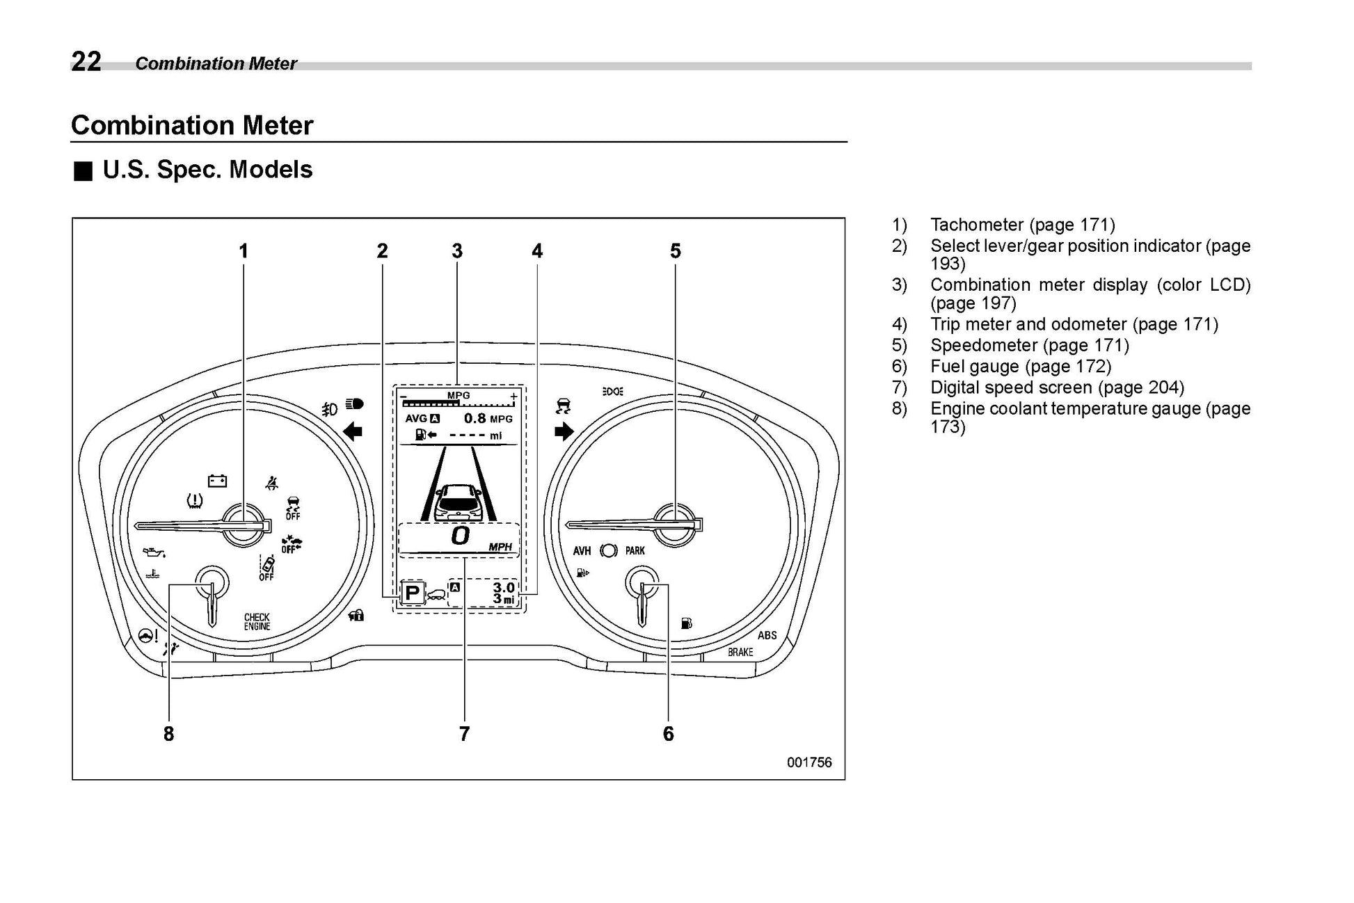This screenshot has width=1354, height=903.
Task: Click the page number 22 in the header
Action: point(86,62)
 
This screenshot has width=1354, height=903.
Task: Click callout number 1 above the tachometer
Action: point(244,251)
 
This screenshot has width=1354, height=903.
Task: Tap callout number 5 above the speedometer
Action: point(675,251)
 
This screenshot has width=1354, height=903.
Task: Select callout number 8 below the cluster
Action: point(168,733)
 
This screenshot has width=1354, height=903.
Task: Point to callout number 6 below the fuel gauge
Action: point(668,733)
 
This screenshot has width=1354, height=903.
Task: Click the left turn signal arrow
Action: point(353,432)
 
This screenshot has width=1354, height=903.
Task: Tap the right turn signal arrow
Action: point(564,432)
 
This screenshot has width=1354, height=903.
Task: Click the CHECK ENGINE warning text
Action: point(257,622)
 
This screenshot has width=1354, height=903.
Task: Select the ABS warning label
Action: point(767,635)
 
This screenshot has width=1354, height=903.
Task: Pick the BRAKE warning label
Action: point(740,653)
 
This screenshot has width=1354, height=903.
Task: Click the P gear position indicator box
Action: point(413,593)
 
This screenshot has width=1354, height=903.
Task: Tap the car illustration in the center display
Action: point(458,502)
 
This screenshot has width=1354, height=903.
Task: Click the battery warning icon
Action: point(218,481)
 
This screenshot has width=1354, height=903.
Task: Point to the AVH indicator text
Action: point(582,551)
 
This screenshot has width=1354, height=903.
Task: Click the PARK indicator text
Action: point(635,551)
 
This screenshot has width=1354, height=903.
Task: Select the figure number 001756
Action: point(809,762)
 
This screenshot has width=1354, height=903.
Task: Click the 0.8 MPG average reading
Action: point(487,419)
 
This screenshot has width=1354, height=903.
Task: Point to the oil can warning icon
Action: point(154,552)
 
